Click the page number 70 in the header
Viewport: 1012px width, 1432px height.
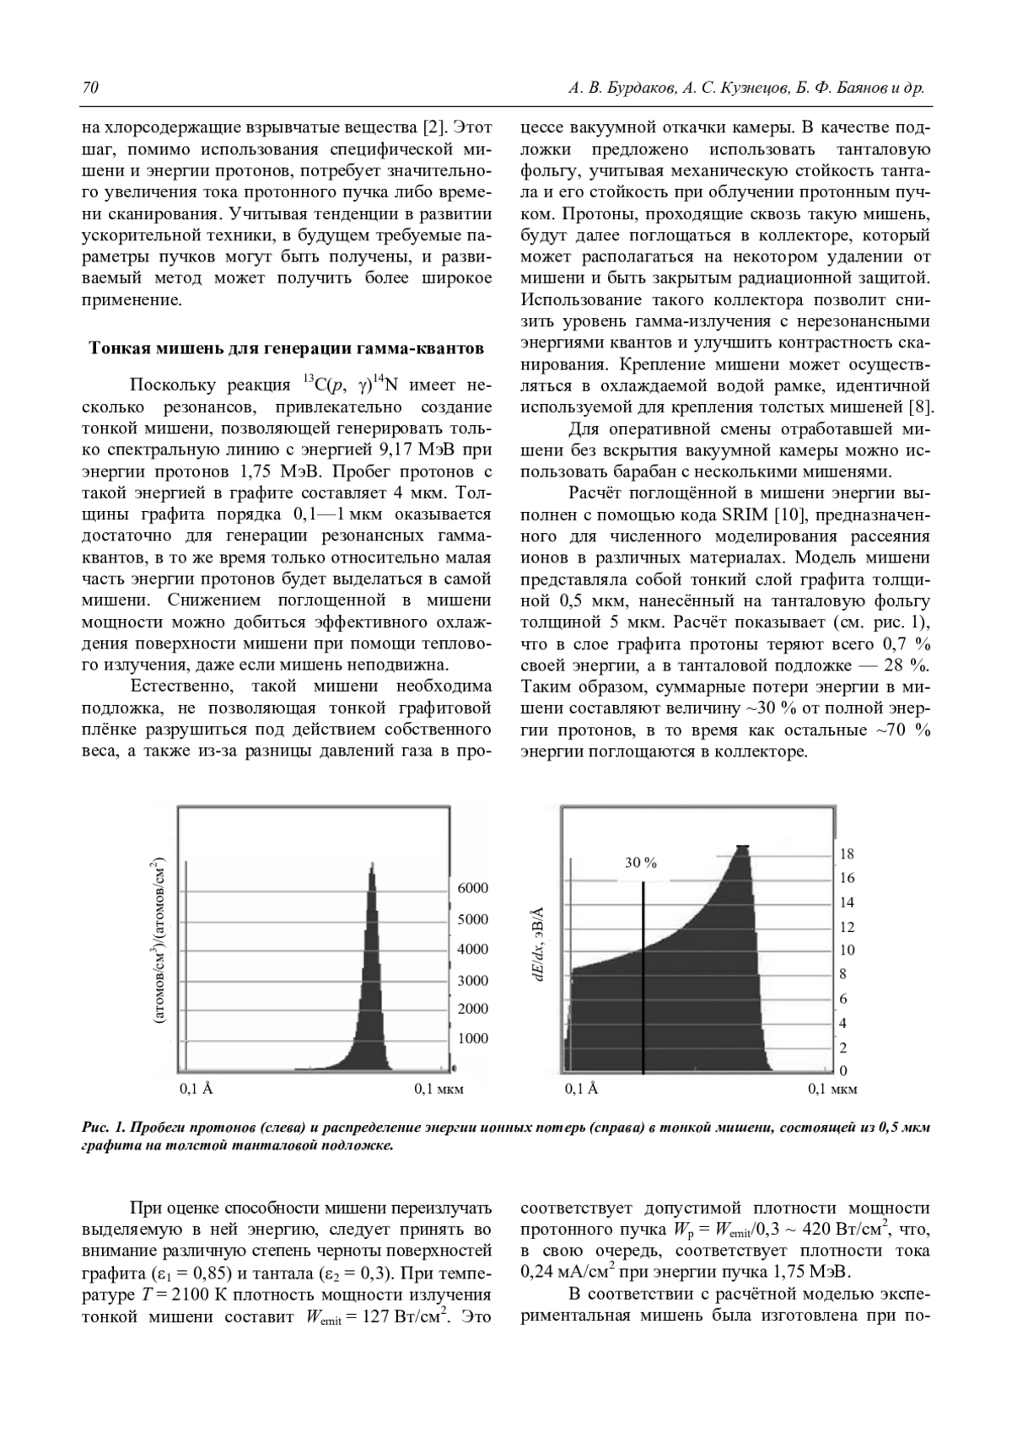click(90, 88)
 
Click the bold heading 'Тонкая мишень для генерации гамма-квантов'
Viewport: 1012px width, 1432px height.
click(287, 348)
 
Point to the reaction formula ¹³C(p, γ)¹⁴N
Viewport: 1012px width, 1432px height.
click(350, 386)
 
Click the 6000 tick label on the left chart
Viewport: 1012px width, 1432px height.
click(472, 888)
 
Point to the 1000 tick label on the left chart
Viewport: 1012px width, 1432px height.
click(472, 1038)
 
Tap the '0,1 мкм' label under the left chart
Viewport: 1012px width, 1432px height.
click(439, 1089)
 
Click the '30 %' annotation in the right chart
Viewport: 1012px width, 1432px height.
click(641, 863)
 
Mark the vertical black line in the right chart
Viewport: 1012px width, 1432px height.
click(643, 978)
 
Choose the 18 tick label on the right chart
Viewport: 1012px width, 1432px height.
click(848, 854)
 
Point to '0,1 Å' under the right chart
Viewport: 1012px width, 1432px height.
click(581, 1089)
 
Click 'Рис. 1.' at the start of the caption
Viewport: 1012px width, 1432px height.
click(104, 1128)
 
